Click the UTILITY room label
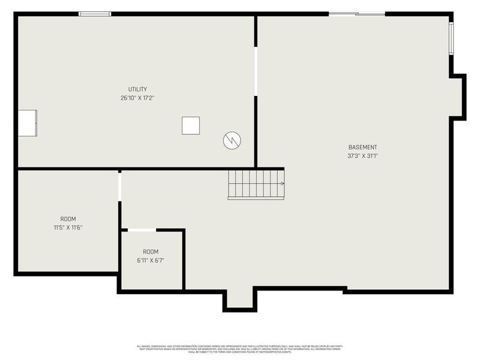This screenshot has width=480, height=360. [x=137, y=89]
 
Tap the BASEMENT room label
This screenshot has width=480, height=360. [x=363, y=148]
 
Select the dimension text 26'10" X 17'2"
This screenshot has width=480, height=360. [x=137, y=98]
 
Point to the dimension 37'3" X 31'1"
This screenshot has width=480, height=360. [x=363, y=156]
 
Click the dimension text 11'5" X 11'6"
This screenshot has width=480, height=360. [x=68, y=227]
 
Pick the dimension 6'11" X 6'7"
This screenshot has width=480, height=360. [x=151, y=260]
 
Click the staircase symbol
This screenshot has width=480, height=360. [x=254, y=184]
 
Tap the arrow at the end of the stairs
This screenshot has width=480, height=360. [x=281, y=184]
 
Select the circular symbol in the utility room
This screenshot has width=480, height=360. [x=232, y=140]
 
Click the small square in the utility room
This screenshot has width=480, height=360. [x=191, y=125]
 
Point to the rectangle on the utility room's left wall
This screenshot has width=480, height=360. [x=27, y=123]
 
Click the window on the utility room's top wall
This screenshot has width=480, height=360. [x=95, y=14]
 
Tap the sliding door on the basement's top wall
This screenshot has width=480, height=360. [x=357, y=14]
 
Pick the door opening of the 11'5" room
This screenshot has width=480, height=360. [x=120, y=186]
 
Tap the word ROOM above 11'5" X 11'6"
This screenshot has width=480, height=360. [x=68, y=219]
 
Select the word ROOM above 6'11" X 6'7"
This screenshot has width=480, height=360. [x=151, y=251]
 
